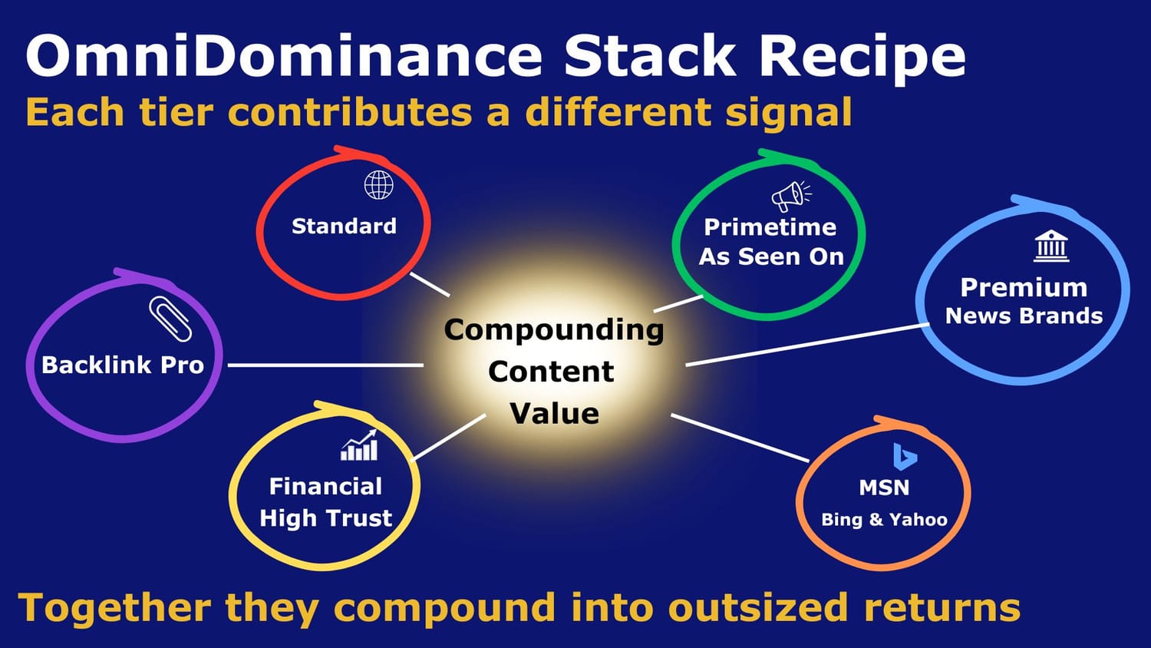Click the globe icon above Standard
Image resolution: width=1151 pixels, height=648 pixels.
click(x=379, y=184)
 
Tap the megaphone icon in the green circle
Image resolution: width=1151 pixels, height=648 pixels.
click(x=791, y=196)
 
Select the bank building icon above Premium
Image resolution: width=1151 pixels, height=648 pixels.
click(x=1050, y=246)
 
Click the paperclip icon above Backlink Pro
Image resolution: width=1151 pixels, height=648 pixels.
click(x=170, y=319)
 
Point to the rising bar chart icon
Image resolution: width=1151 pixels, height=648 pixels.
click(x=359, y=445)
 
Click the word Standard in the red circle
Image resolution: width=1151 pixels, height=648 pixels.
click(x=344, y=226)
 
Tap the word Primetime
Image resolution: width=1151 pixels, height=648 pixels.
click(x=770, y=228)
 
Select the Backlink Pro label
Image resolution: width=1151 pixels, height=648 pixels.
click(x=123, y=365)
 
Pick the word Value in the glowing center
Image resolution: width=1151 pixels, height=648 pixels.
click(x=555, y=414)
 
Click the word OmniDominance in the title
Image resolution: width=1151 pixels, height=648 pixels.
click(x=283, y=55)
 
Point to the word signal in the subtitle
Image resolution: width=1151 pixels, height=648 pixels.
click(x=788, y=114)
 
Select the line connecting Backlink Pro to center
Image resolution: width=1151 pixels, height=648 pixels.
click(x=326, y=365)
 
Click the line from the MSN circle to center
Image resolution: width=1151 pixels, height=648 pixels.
click(x=740, y=438)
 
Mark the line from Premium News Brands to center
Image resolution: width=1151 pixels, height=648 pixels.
click(x=808, y=345)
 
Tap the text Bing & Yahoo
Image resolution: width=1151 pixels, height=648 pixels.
click(x=884, y=520)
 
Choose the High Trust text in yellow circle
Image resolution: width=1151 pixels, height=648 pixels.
click(x=326, y=518)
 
